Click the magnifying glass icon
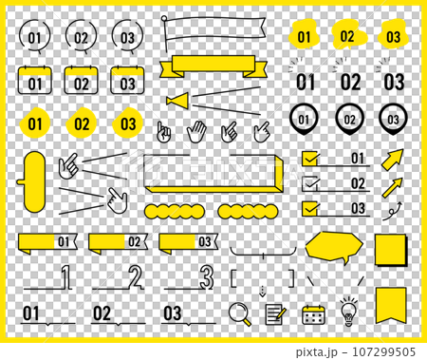tap(239, 313)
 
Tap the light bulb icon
tap(348, 312)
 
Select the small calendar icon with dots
tap(313, 314)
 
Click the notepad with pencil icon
tap(275, 314)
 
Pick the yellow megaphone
tap(178, 101)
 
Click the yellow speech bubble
tap(334, 247)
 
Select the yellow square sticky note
tap(391, 250)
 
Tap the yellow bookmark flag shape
tap(391, 305)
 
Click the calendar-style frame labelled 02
tap(81, 80)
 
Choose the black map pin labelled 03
tap(393, 119)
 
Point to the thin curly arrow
tap(392, 211)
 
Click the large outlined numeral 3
tap(206, 277)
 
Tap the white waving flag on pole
tap(213, 32)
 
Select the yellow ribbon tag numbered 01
tap(47, 243)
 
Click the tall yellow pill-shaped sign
tap(34, 181)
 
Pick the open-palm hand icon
tap(196, 131)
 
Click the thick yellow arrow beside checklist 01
tap(393, 160)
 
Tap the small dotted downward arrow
tap(262, 292)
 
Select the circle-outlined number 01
tap(34, 37)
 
